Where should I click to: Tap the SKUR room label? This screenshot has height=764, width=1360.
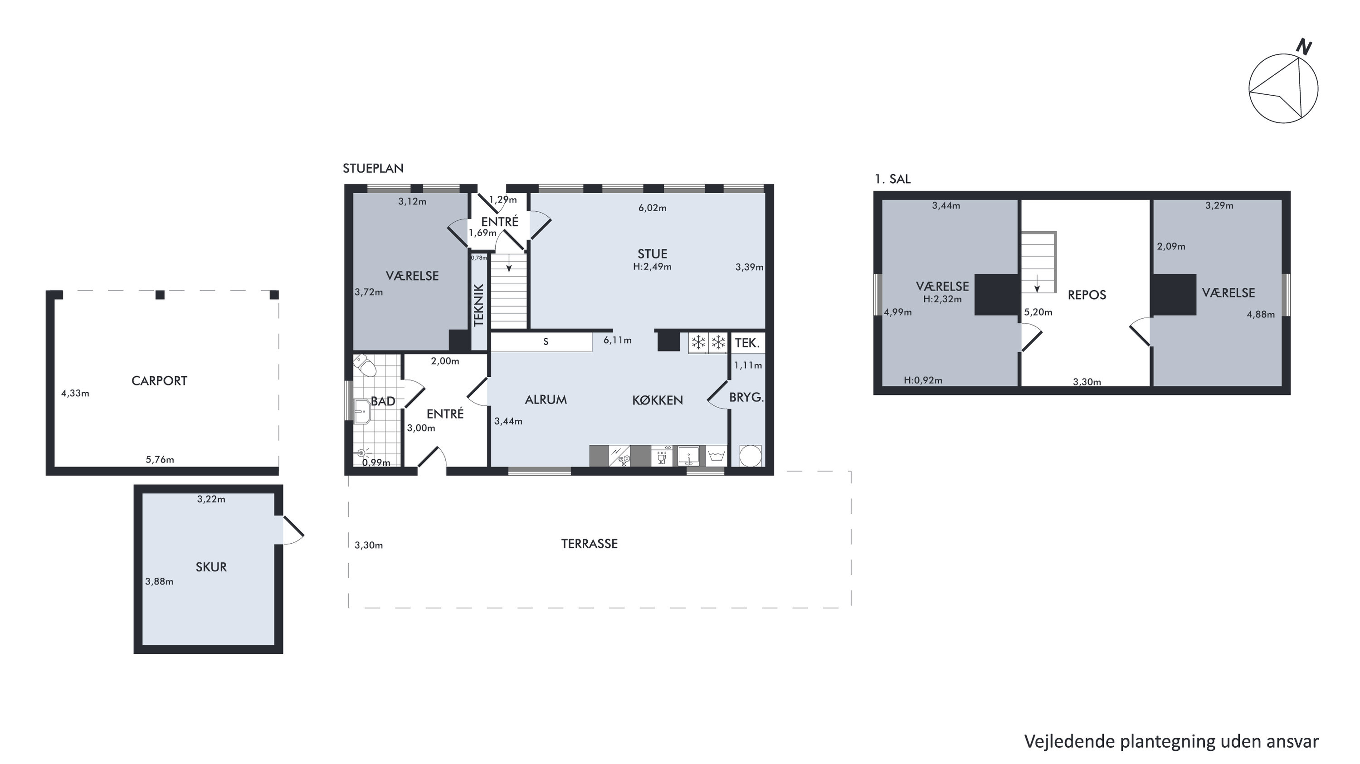pyautogui.click(x=211, y=567)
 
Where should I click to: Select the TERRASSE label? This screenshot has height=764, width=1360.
pyautogui.click(x=589, y=544)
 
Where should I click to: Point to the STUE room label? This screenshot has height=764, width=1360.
pyautogui.click(x=652, y=254)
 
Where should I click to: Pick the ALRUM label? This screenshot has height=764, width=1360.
pyautogui.click(x=546, y=400)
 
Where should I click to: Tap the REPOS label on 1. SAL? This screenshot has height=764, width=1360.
pyautogui.click(x=1087, y=295)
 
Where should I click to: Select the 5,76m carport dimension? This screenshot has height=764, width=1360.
pyautogui.click(x=160, y=459)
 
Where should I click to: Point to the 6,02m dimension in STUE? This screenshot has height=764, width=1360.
pyautogui.click(x=652, y=208)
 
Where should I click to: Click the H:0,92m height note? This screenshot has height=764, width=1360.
pyautogui.click(x=923, y=380)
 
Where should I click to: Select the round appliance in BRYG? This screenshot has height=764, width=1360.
pyautogui.click(x=750, y=456)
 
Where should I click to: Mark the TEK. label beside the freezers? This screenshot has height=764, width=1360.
pyautogui.click(x=747, y=343)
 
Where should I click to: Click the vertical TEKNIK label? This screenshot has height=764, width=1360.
pyautogui.click(x=479, y=305)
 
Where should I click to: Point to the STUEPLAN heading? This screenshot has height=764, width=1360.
pyautogui.click(x=373, y=168)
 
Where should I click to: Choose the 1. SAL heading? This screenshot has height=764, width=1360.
pyautogui.click(x=892, y=179)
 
